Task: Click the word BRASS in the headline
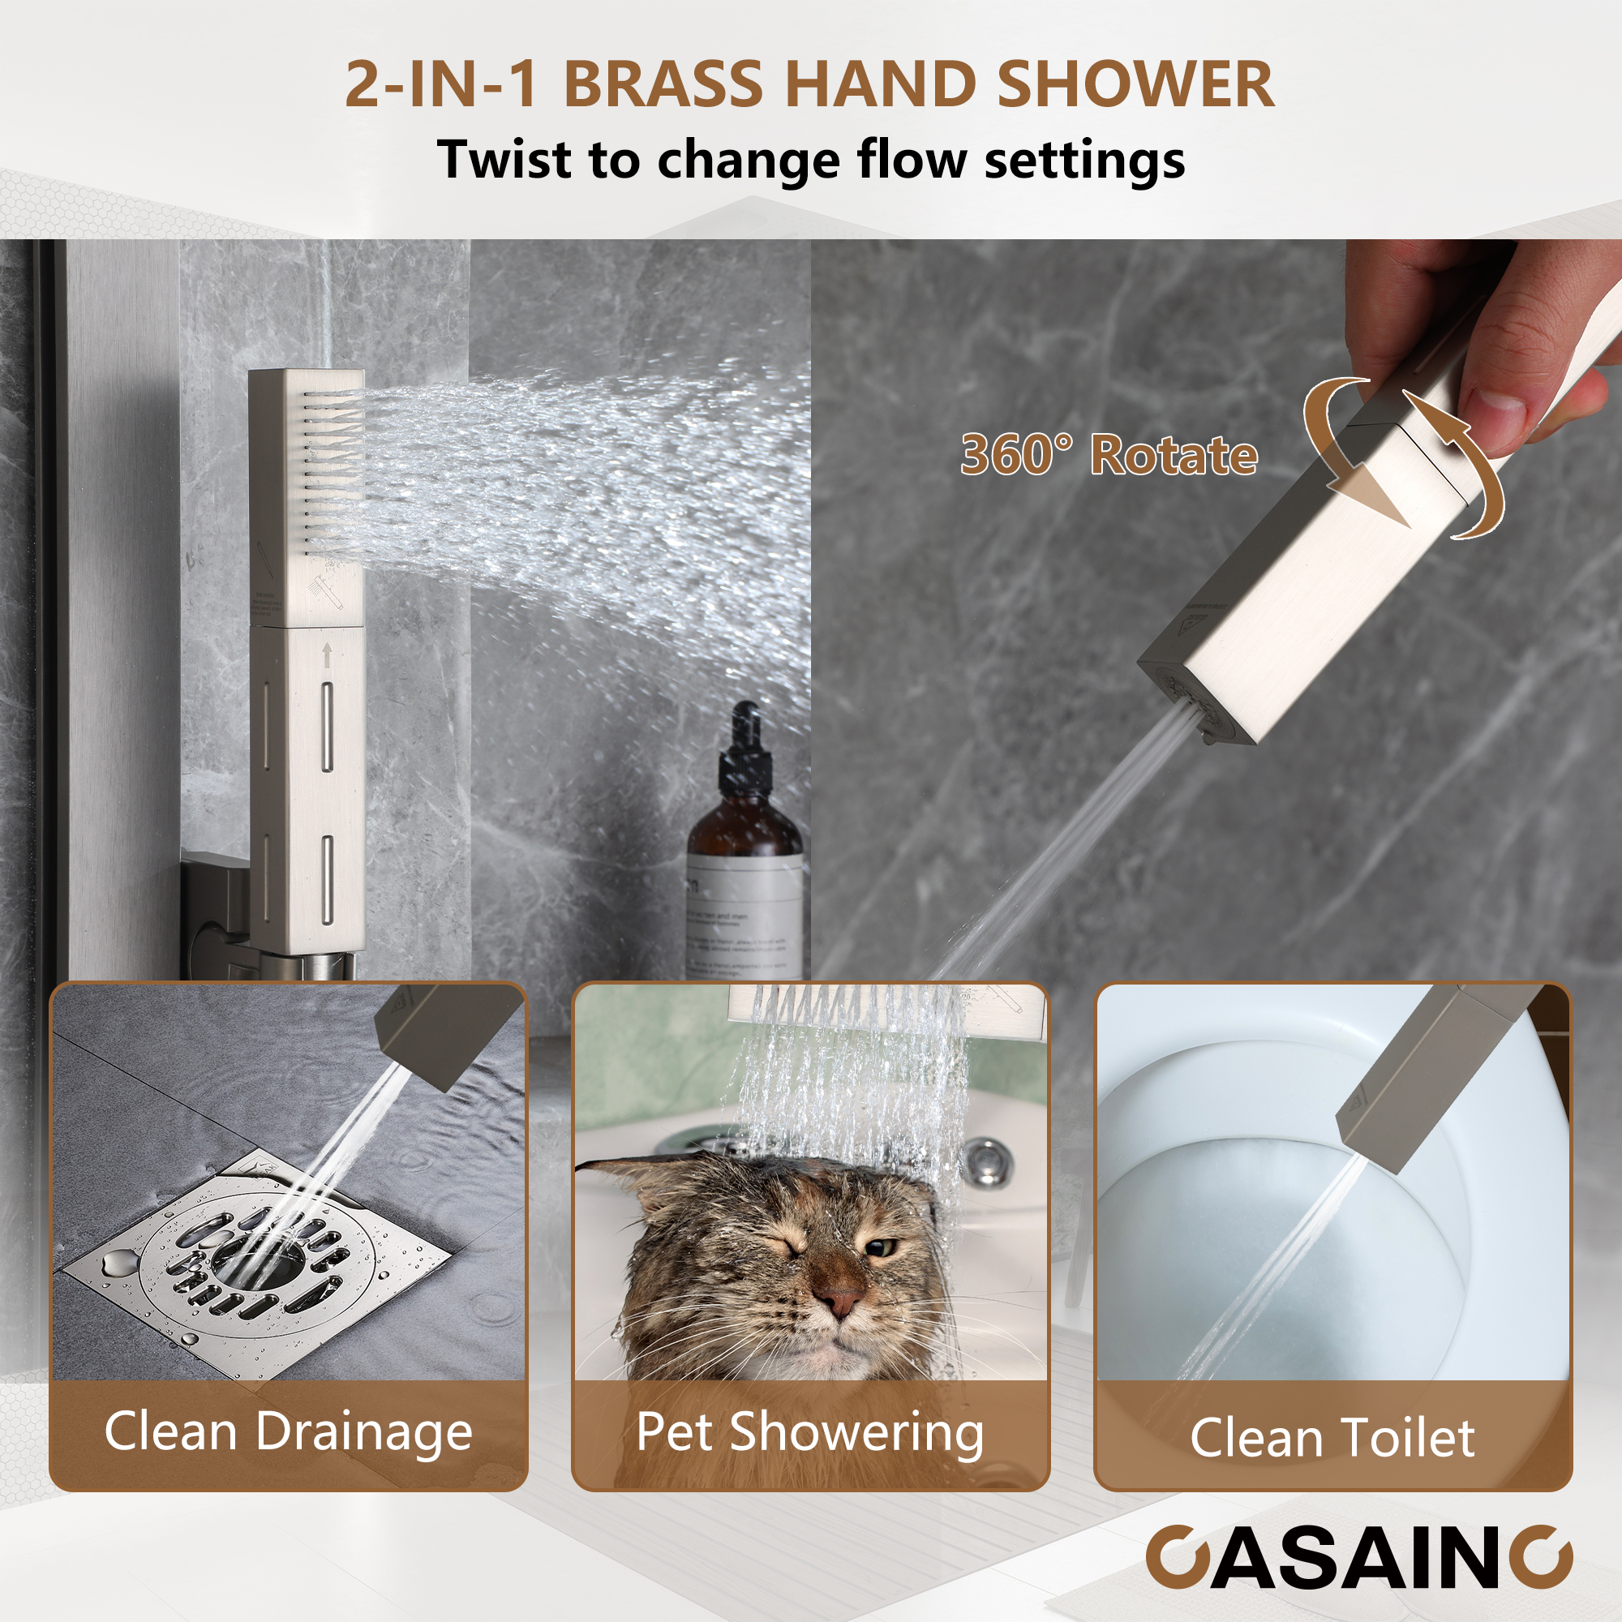click(x=664, y=85)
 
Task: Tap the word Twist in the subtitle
click(x=503, y=159)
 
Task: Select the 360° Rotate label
click(x=1108, y=455)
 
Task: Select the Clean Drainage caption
click(x=288, y=1431)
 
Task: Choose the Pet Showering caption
click(x=810, y=1432)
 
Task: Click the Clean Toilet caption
click(x=1332, y=1437)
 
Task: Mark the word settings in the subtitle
click(x=1083, y=159)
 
